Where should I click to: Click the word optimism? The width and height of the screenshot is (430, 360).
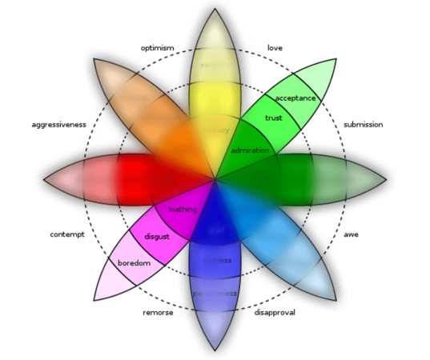click(x=157, y=49)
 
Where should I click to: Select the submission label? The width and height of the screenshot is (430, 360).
click(x=363, y=125)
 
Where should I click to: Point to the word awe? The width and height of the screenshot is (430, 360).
click(x=351, y=235)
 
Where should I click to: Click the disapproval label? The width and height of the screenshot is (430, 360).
click(x=274, y=312)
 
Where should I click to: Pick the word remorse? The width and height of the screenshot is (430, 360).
click(x=158, y=312)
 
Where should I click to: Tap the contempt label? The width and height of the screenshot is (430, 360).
click(x=66, y=235)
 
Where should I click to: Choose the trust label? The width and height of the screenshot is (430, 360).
click(x=274, y=118)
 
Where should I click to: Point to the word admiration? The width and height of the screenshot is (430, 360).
click(x=250, y=150)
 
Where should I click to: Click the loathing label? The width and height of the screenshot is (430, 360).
click(x=183, y=210)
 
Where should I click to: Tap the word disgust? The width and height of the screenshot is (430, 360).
click(x=157, y=236)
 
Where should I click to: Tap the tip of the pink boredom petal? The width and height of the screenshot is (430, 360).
click(x=94, y=301)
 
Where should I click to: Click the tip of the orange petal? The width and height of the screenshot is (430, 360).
click(x=94, y=60)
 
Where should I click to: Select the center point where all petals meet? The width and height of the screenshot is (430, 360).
click(x=215, y=180)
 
